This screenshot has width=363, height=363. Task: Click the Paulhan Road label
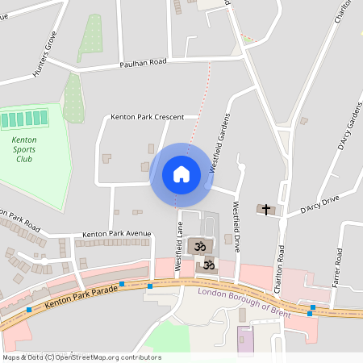[x=143, y=61]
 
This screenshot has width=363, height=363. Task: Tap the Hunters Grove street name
[x=45, y=55]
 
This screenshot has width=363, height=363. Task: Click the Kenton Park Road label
[x=20, y=220]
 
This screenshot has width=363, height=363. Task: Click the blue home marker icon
[x=181, y=174]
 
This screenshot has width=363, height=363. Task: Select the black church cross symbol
[x=265, y=210]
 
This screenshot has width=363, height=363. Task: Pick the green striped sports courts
[x=24, y=120]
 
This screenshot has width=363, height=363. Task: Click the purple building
[x=244, y=341]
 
